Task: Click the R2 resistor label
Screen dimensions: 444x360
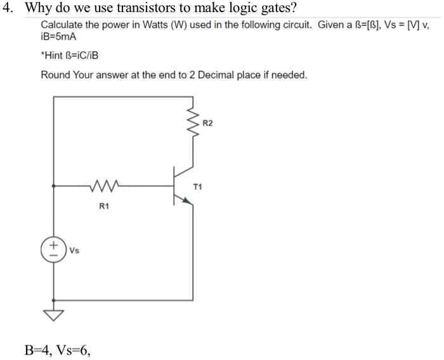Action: point(209,123)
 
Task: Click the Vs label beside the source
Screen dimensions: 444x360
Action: point(74,250)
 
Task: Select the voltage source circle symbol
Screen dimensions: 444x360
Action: point(54,249)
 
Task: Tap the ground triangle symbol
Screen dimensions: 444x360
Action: point(54,314)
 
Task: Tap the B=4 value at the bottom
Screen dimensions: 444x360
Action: point(37,349)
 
